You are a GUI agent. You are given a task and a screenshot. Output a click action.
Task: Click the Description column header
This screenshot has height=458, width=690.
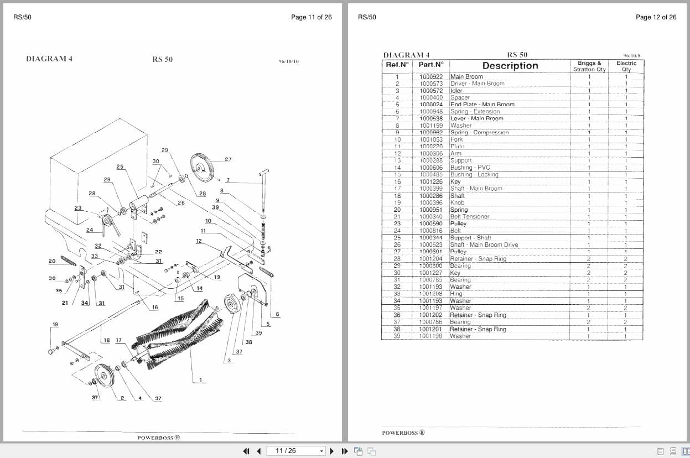pyautogui.click(x=510, y=66)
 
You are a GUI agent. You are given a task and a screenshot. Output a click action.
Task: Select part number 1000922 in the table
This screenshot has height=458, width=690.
pyautogui.click(x=431, y=77)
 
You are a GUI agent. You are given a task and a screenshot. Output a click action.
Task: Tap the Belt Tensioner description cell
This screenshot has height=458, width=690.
pyautogui.click(x=470, y=217)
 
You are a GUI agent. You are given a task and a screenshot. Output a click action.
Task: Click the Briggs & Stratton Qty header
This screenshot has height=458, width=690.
pyautogui.click(x=589, y=66)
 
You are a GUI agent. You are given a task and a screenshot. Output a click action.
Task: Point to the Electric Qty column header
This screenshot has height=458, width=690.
pyautogui.click(x=626, y=66)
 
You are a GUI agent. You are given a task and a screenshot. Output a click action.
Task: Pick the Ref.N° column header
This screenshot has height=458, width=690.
pyautogui.click(x=397, y=65)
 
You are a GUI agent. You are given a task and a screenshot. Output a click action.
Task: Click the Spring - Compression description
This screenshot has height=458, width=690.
pyautogui.click(x=479, y=133)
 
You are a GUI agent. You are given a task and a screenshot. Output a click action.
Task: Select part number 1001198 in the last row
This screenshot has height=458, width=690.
pyautogui.click(x=431, y=336)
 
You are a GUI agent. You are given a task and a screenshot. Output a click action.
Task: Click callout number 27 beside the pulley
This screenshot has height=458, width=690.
pyautogui.click(x=228, y=159)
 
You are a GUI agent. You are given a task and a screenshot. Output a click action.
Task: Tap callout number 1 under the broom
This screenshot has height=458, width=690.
pyautogui.click(x=201, y=380)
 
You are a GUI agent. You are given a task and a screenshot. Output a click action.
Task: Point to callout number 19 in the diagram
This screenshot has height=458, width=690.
pyautogui.click(x=55, y=325)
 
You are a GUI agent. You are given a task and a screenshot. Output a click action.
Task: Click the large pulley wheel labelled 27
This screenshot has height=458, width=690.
pyautogui.click(x=202, y=167)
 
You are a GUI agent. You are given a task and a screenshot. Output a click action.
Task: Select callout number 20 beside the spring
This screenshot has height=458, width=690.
pyautogui.click(x=52, y=261)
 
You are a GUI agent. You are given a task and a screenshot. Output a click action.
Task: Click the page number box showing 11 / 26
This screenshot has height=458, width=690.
pyautogui.click(x=295, y=451)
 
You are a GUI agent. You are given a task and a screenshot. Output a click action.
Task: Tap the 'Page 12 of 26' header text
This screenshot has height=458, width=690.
pyautogui.click(x=656, y=17)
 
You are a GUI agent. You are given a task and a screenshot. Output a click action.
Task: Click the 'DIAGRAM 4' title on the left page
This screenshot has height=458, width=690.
pyautogui.click(x=49, y=59)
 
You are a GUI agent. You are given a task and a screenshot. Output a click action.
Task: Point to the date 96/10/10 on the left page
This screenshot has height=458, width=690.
pyautogui.click(x=288, y=61)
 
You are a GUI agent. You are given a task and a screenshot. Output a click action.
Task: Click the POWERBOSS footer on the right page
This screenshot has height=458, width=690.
pyautogui.click(x=403, y=433)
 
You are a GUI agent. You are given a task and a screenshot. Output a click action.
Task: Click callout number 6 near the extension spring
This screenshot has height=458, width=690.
pyautogui.click(x=277, y=314)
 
